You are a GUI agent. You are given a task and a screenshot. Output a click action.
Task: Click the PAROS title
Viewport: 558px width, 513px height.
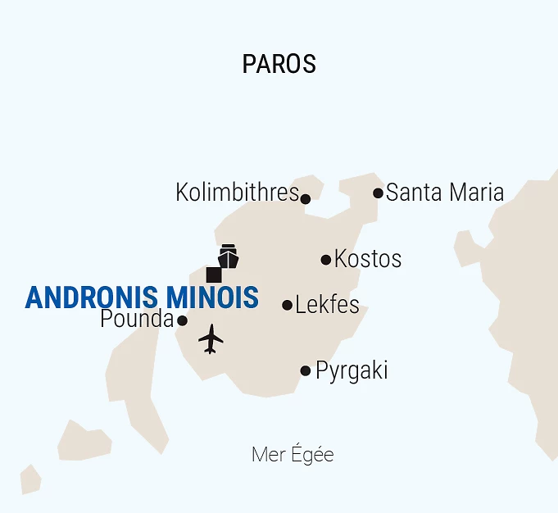279,64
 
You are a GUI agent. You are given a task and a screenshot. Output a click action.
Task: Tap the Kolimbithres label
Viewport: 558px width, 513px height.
237,193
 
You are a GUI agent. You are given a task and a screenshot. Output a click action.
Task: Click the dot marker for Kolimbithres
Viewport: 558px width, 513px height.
306,198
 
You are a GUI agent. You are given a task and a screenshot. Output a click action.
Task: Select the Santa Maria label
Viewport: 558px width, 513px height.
445,193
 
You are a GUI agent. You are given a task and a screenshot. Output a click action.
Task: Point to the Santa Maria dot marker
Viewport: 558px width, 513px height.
378,193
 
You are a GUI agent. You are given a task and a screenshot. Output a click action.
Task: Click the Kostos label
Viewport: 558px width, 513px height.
368,259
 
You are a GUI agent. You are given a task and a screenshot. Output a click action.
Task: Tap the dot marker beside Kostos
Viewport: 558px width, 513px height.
326,260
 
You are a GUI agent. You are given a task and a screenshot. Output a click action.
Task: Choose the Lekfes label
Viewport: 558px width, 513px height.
327,305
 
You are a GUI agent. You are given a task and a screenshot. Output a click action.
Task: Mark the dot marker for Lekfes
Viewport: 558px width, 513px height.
287,305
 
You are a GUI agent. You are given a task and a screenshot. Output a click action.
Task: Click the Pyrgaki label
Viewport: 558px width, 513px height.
352,370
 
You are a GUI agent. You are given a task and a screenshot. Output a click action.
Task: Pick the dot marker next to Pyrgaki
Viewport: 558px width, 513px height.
306,370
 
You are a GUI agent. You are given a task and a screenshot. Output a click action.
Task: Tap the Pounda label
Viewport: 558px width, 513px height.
137,319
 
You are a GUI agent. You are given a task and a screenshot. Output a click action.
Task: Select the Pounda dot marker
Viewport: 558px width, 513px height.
182,320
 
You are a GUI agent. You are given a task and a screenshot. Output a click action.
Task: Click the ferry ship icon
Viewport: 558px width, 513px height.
228,256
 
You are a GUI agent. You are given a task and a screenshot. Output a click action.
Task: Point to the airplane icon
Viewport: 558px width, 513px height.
211,338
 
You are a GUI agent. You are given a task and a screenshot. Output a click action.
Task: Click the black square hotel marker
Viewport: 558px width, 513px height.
214,275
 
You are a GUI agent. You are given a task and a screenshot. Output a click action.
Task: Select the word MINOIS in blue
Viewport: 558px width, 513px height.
212,297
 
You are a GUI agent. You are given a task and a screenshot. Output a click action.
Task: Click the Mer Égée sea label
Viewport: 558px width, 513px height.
293,455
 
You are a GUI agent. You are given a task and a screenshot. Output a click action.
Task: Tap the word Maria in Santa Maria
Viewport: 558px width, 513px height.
474,193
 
